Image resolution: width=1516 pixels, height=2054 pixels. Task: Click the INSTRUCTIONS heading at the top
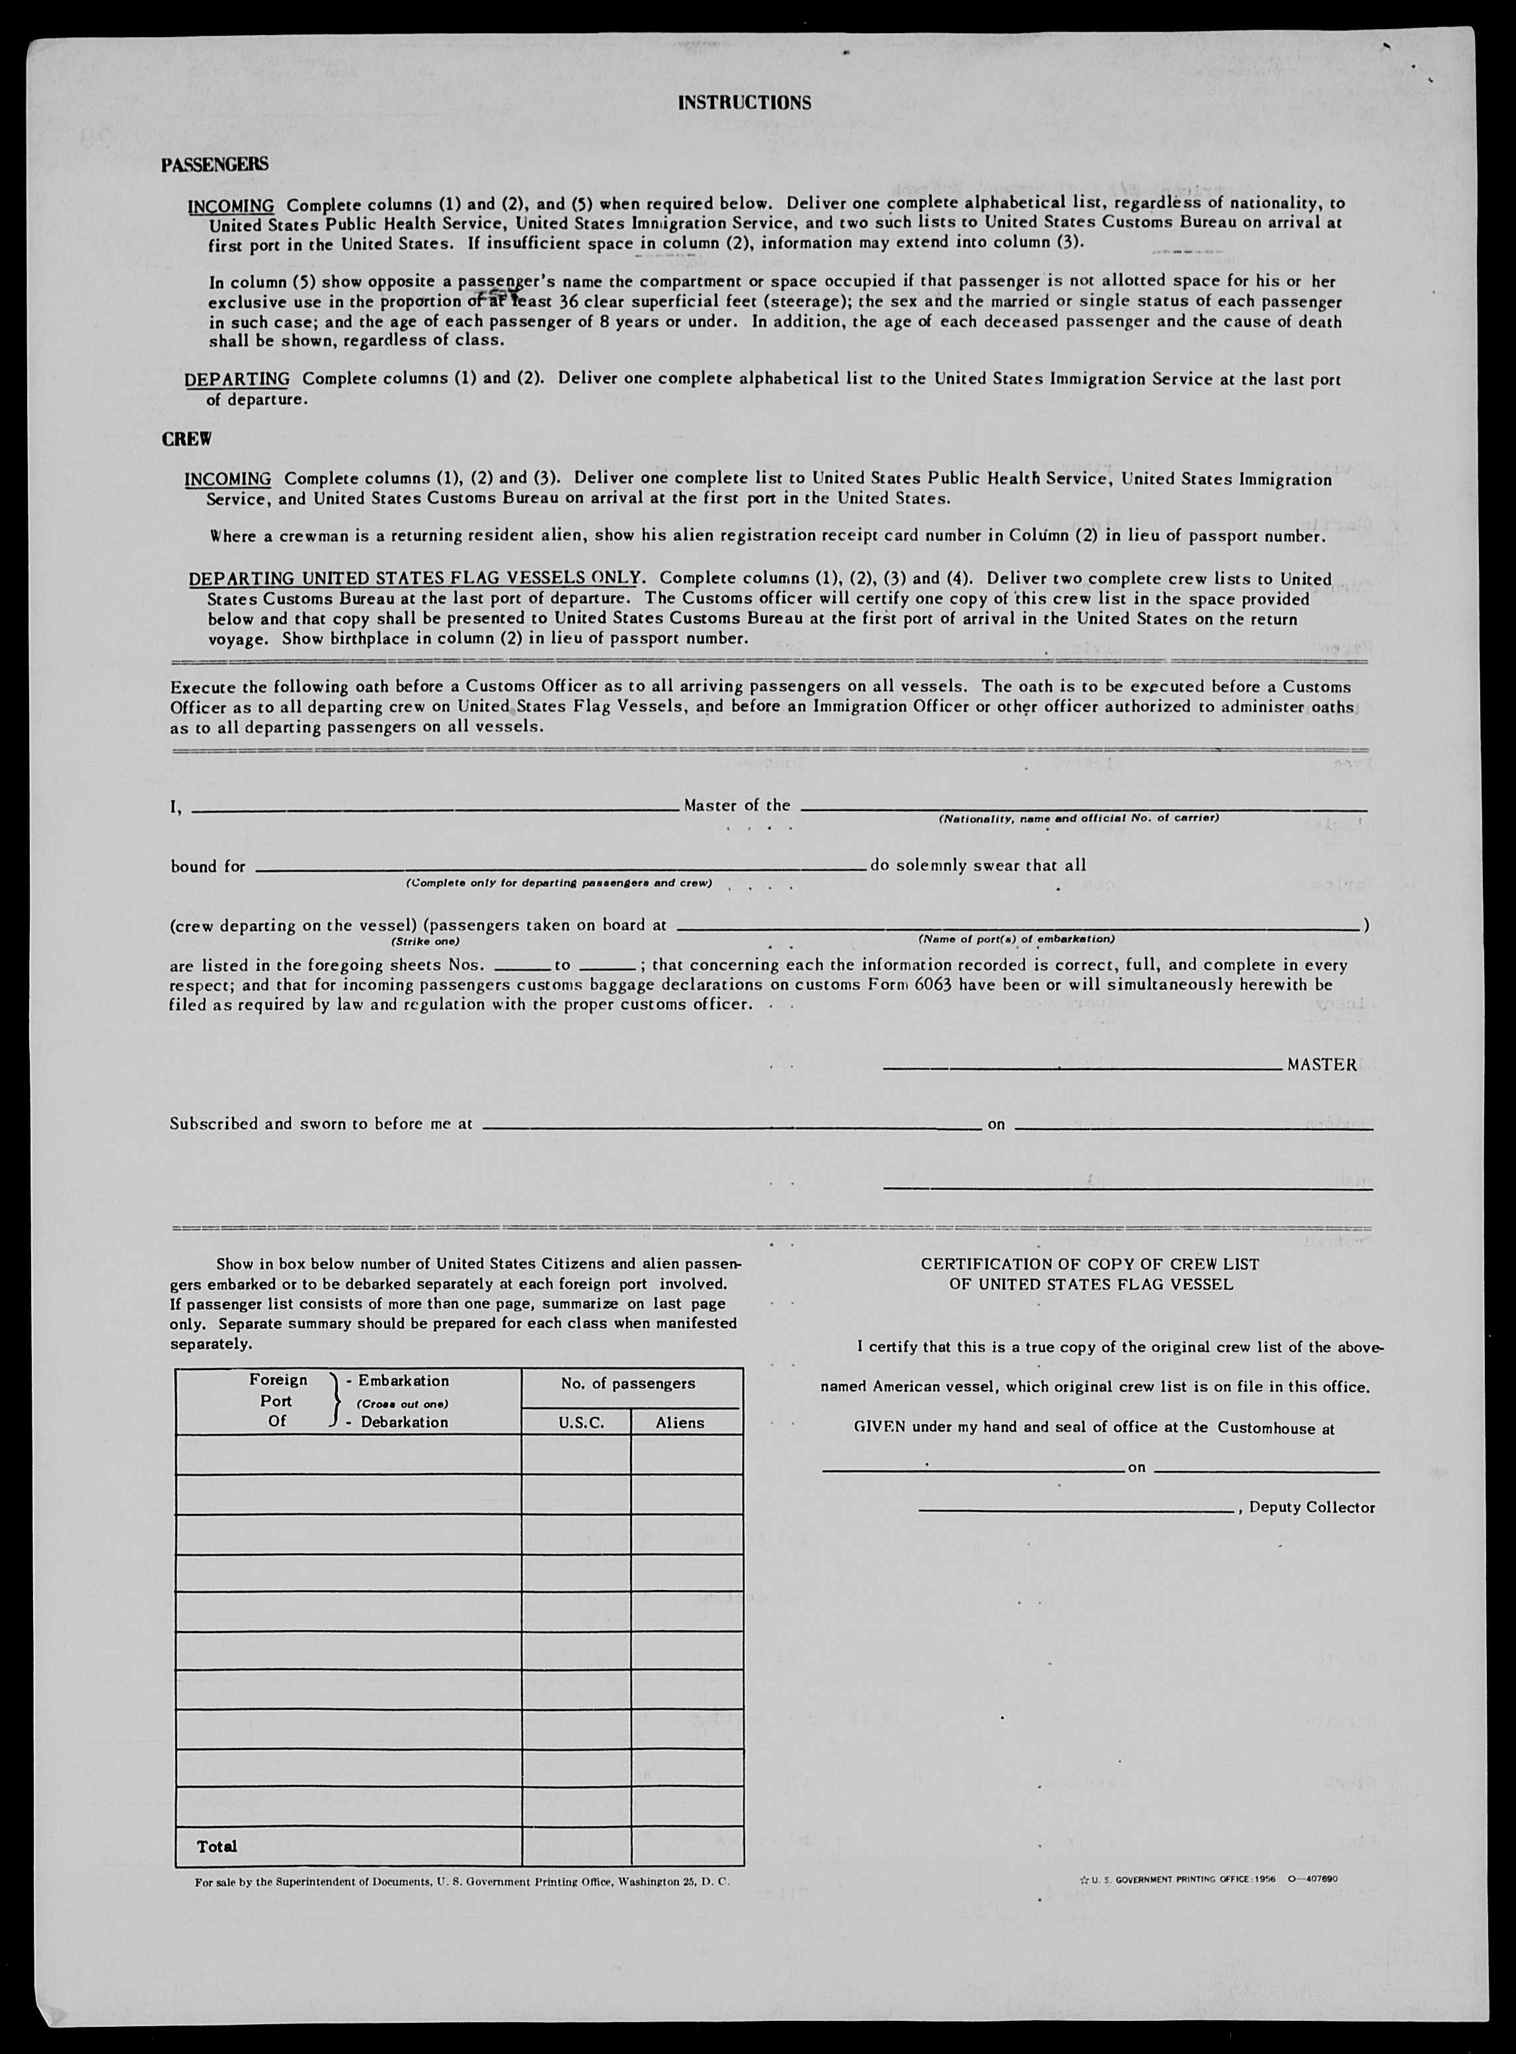pos(744,102)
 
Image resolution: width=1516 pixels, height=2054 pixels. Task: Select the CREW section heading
pos(186,439)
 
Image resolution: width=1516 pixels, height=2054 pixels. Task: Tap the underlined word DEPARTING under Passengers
pos(237,379)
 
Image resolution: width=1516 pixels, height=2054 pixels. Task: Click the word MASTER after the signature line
pos(1322,1065)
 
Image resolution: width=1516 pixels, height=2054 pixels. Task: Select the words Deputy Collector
pos(1311,1507)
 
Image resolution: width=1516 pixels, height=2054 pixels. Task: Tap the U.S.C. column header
pos(577,1423)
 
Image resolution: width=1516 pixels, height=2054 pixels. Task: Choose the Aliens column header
pos(680,1423)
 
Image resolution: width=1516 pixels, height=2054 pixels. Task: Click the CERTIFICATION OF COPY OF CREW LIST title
pos(1090,1264)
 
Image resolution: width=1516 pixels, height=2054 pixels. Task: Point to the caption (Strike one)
pos(425,941)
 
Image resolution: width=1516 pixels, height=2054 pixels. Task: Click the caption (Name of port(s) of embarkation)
pos(1016,939)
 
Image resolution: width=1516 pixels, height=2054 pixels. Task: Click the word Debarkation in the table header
pos(404,1422)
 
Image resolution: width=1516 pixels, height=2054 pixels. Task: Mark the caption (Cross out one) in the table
pos(402,1404)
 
